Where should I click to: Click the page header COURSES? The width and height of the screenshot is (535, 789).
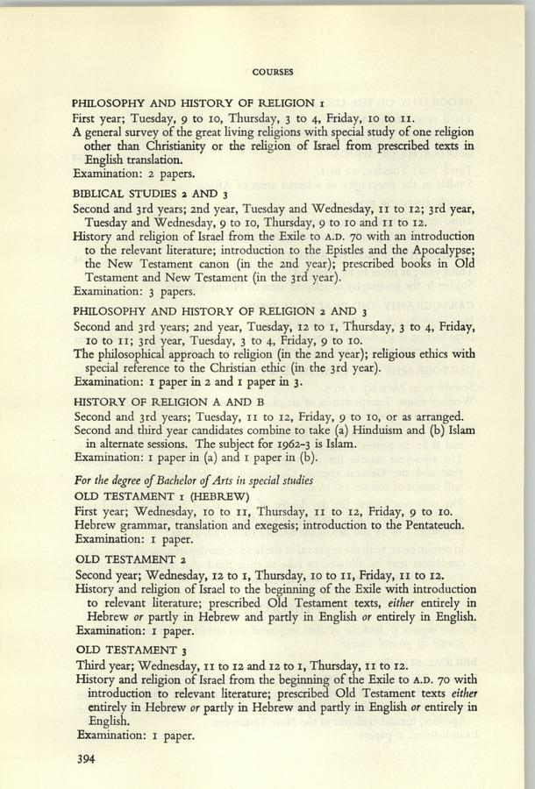coord(273,71)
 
